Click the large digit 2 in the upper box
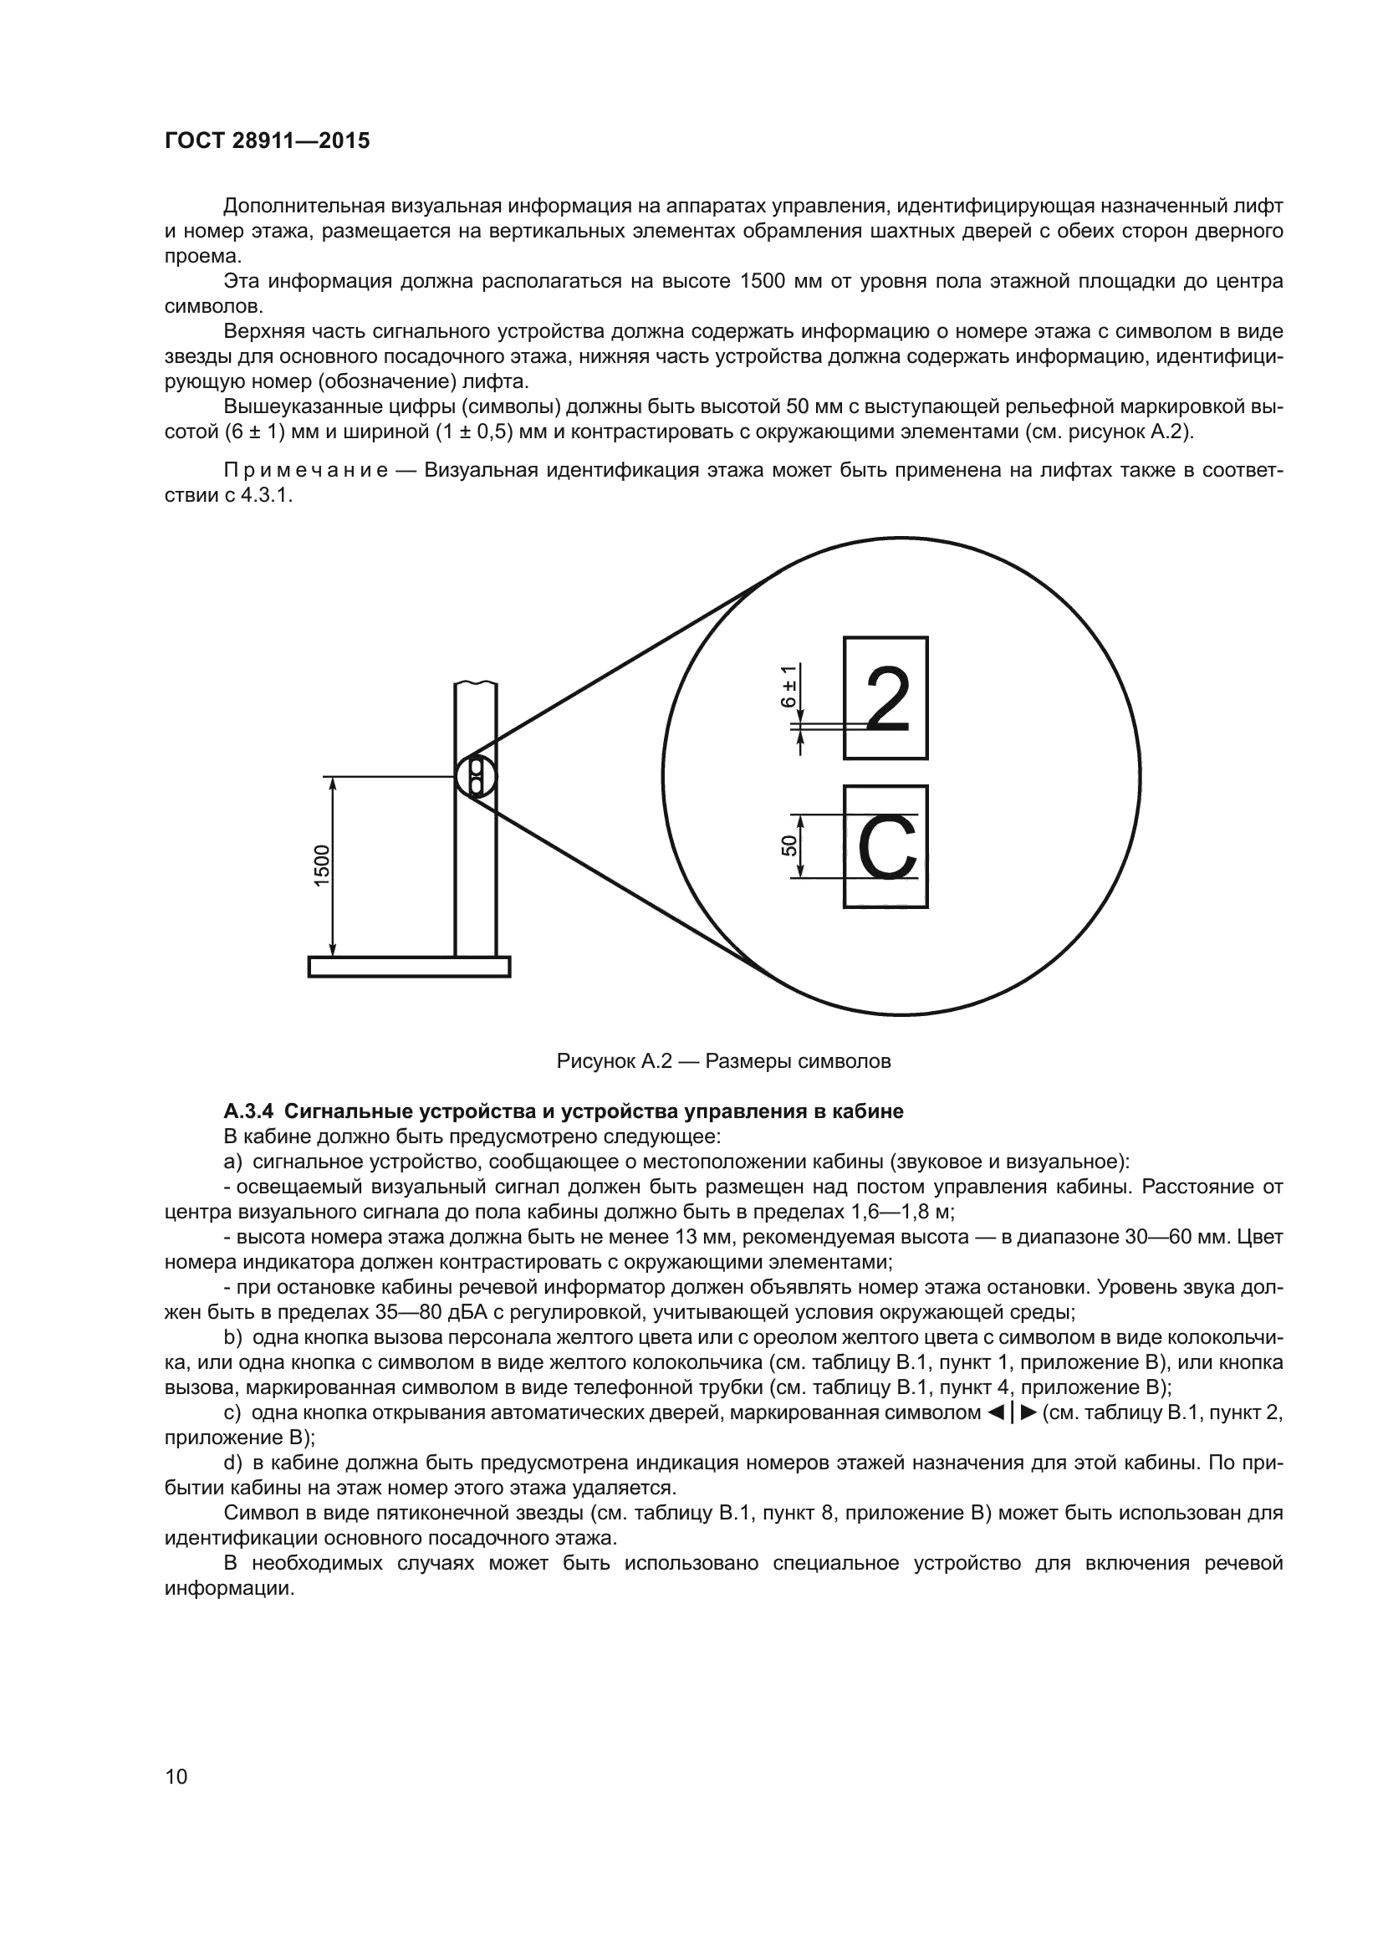tap(886, 699)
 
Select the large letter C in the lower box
tap(886, 848)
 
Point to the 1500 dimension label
tap(322, 866)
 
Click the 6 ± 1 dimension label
tap(789, 687)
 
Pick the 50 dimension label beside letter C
tap(788, 846)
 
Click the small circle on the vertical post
tap(476, 776)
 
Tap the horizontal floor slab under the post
tap(409, 967)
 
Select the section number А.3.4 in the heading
tap(249, 1111)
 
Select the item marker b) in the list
tap(232, 1337)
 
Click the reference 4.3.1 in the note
tap(266, 496)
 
